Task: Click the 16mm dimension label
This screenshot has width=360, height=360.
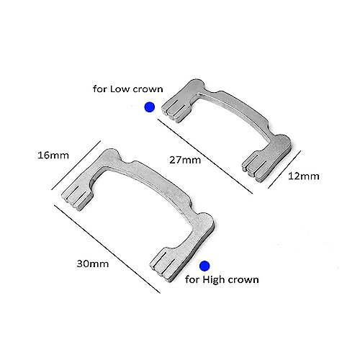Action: click(53, 156)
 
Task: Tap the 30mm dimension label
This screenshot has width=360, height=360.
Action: click(93, 264)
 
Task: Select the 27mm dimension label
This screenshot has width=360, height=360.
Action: click(185, 160)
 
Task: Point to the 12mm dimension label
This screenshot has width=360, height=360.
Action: click(304, 176)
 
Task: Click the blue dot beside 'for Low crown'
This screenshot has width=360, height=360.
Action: click(150, 107)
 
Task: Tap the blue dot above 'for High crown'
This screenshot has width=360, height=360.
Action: click(204, 266)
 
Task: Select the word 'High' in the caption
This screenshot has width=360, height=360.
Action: click(214, 280)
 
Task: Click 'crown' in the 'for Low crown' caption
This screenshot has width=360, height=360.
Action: click(148, 89)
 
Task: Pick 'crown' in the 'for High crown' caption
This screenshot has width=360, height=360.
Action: click(243, 280)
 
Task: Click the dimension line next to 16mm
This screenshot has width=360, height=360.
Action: click(76, 165)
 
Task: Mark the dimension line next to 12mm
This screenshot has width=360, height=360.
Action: click(284, 169)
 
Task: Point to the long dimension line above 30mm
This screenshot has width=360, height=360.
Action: click(107, 249)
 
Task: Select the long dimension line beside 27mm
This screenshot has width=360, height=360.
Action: click(205, 156)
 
